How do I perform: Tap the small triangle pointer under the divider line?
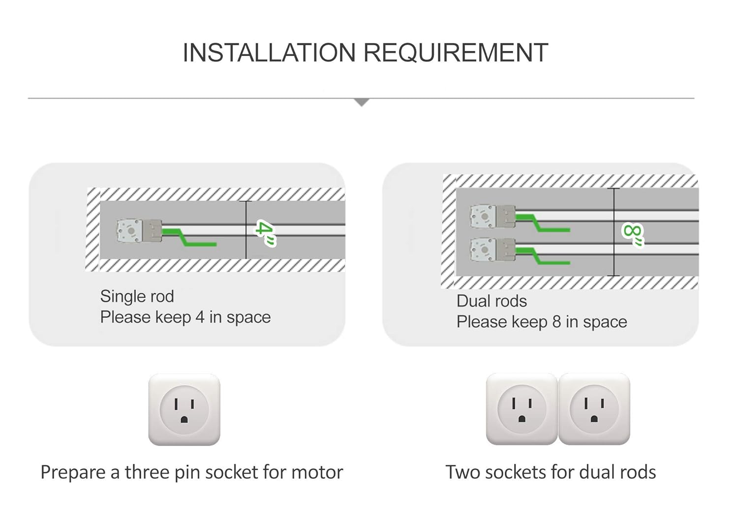(362, 102)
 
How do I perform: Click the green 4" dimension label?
(265, 233)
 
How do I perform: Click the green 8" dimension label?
(633, 234)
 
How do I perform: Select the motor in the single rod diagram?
(139, 231)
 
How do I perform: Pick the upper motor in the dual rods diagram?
(492, 217)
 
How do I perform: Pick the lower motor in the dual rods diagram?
(492, 250)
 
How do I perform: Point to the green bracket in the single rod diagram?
(189, 237)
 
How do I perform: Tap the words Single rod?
(137, 296)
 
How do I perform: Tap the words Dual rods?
(492, 301)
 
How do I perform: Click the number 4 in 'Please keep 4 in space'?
(199, 317)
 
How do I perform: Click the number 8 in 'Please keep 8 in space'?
(556, 322)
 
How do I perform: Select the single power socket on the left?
(184, 410)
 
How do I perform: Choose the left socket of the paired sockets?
(522, 409)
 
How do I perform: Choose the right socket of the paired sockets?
(594, 409)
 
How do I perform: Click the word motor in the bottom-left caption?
(317, 472)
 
